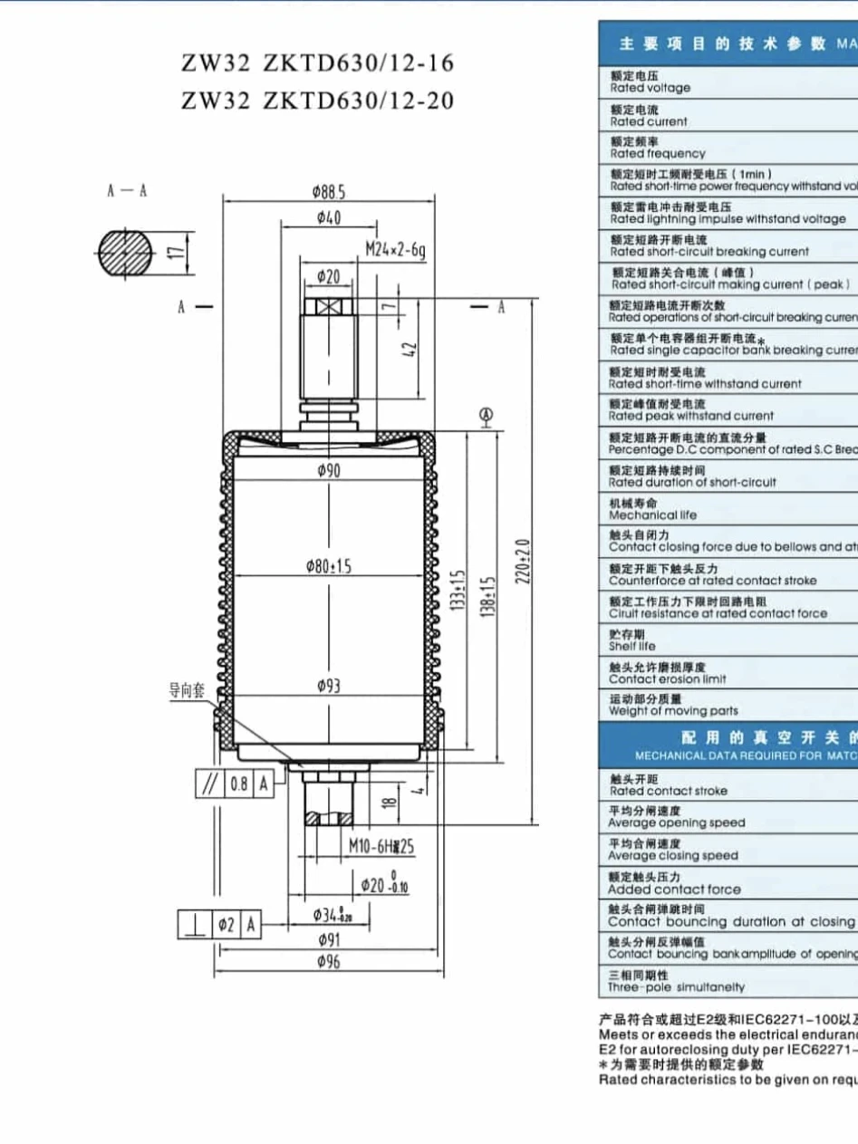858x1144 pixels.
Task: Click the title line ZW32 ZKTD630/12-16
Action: pyautogui.click(x=317, y=63)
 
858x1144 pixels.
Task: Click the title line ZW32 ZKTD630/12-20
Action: pyautogui.click(x=317, y=100)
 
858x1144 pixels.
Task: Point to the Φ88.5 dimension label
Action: pyautogui.click(x=329, y=192)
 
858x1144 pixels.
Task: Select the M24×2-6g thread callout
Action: pyautogui.click(x=396, y=249)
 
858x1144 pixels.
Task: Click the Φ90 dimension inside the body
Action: pyautogui.click(x=328, y=470)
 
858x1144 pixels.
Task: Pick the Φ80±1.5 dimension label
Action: pyautogui.click(x=329, y=566)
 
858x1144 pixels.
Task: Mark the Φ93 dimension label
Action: pyautogui.click(x=329, y=686)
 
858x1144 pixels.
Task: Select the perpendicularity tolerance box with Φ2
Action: pyautogui.click(x=218, y=925)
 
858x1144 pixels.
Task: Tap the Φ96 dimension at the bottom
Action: pyautogui.click(x=328, y=962)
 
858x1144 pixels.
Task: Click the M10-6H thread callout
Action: pyautogui.click(x=381, y=846)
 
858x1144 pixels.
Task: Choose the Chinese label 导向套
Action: pyautogui.click(x=187, y=690)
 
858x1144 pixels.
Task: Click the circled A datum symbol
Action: pyautogui.click(x=486, y=415)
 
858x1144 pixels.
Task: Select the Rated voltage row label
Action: pyautogui.click(x=650, y=82)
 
